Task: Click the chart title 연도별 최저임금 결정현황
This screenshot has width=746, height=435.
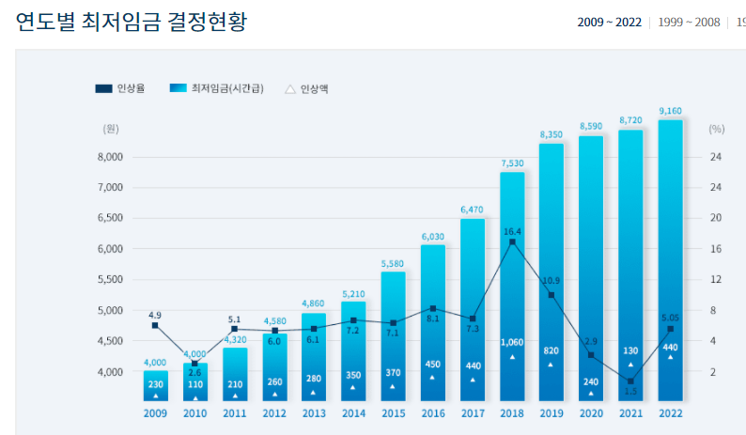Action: (132, 22)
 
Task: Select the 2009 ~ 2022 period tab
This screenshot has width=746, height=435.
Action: (609, 23)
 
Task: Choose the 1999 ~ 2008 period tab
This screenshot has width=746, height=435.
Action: (689, 23)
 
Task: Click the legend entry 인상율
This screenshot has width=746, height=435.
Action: (121, 89)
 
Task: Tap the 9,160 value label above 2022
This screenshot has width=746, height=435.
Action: (670, 111)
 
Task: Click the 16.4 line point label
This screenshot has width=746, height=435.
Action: (512, 231)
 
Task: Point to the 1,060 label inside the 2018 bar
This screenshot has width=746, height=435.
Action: (512, 342)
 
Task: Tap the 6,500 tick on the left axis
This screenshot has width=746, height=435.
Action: (111, 218)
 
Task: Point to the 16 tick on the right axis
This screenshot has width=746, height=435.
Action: (715, 249)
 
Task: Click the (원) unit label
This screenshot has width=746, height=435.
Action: (111, 129)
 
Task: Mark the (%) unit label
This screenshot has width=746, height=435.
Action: (717, 129)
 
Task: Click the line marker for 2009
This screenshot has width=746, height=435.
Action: (156, 325)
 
